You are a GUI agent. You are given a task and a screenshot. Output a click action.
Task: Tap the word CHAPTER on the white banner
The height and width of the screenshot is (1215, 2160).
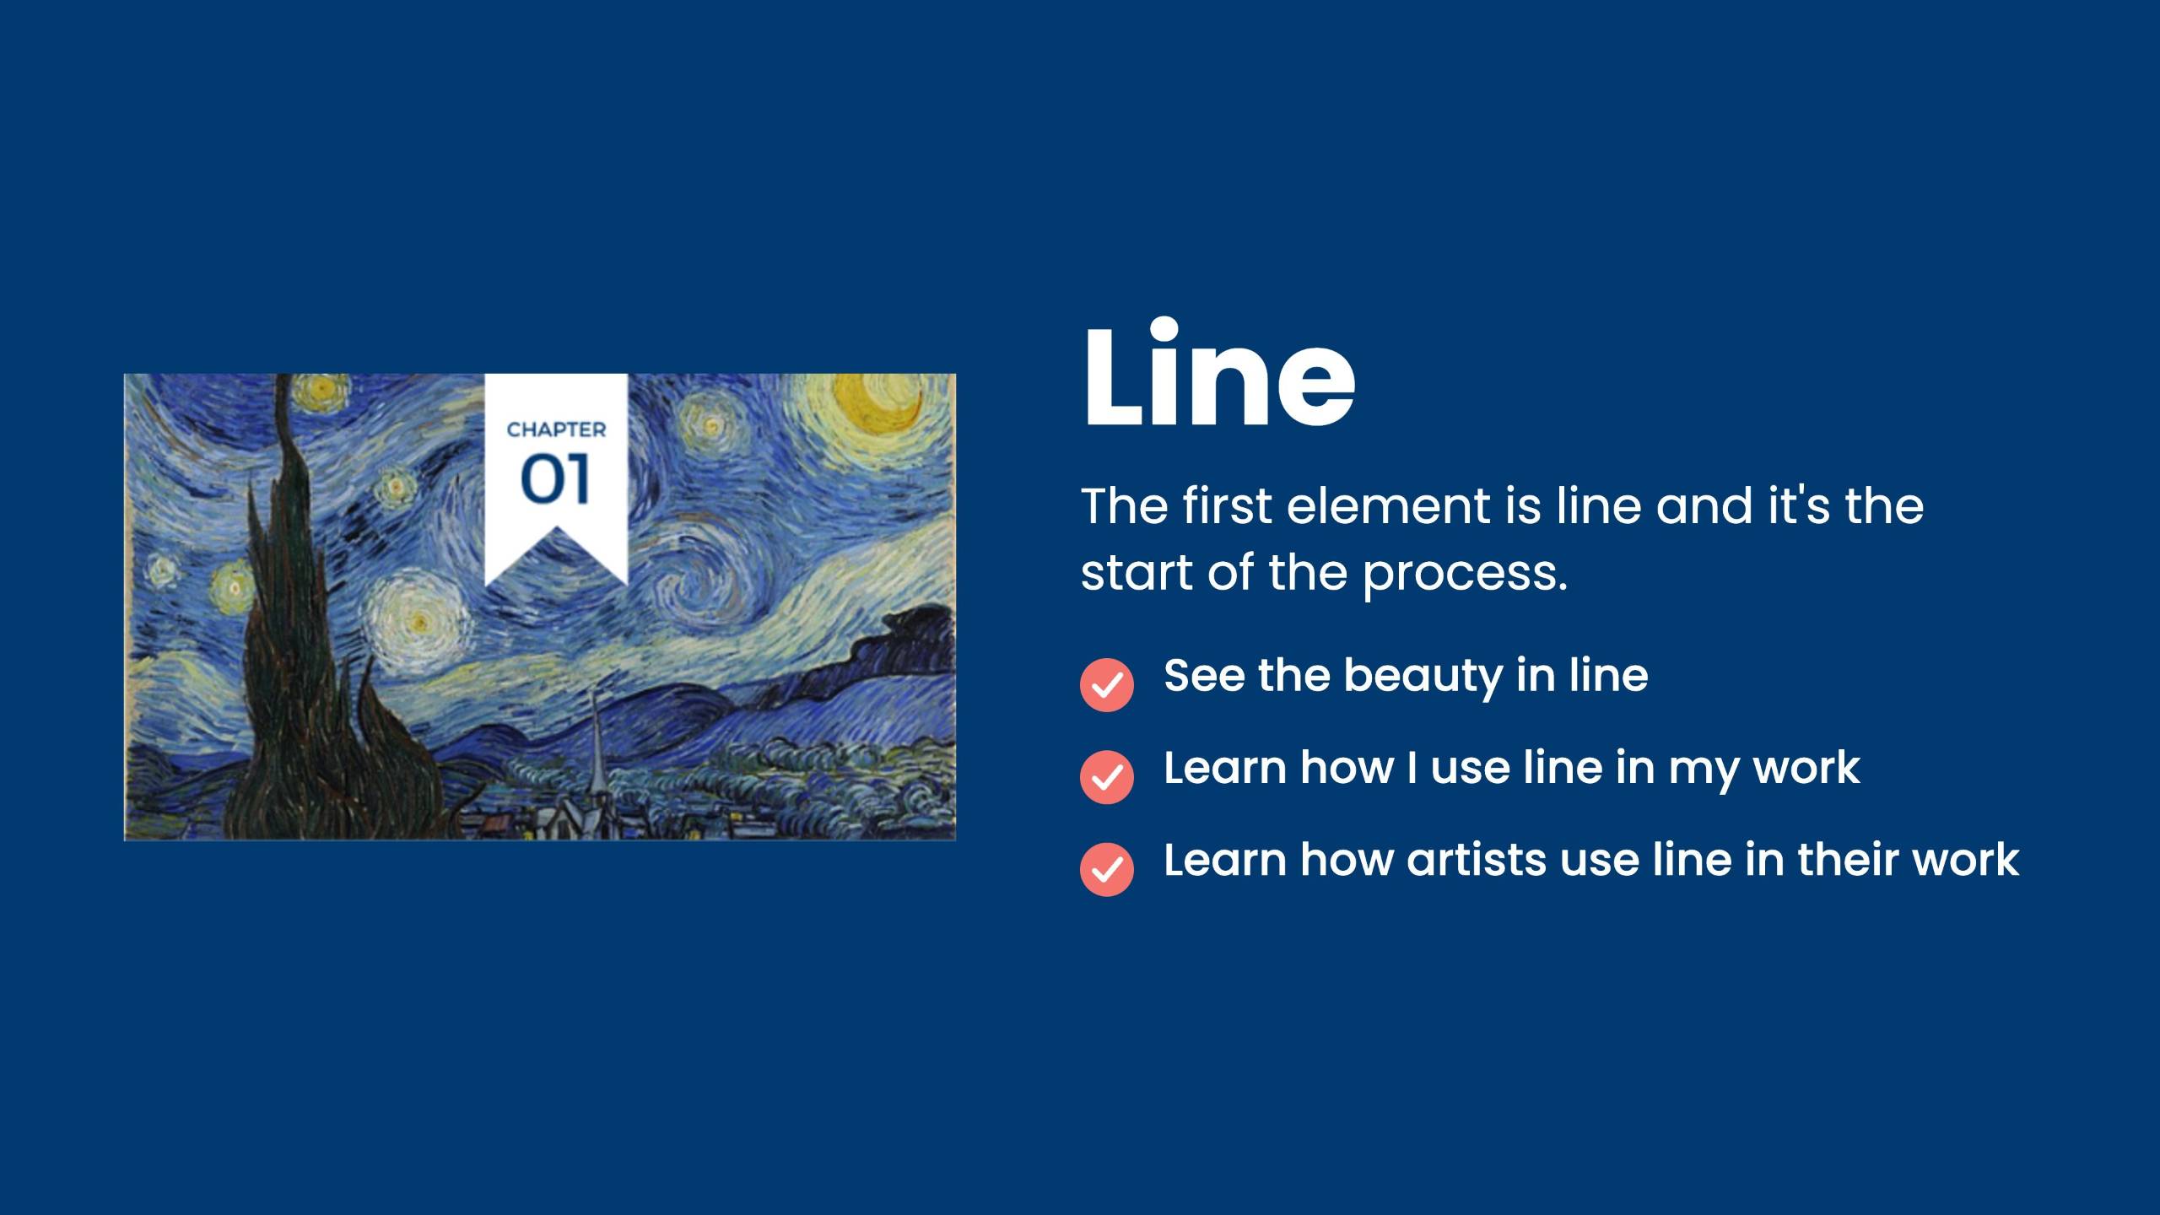click(x=556, y=429)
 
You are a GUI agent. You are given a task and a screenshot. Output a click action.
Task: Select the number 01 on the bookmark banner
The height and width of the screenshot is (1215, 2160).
click(x=555, y=479)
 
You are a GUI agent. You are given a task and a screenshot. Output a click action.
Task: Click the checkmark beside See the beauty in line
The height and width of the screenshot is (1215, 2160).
click(x=1106, y=684)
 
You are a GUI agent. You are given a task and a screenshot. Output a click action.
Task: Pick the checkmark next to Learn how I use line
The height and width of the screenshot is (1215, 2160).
click(x=1106, y=776)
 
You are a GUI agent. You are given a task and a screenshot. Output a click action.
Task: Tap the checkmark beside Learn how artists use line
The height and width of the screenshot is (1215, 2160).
click(x=1106, y=868)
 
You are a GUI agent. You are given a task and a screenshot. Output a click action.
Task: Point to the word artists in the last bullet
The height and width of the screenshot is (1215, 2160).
click(x=1476, y=860)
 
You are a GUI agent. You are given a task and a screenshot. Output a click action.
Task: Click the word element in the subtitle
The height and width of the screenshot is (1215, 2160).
click(x=1388, y=505)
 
